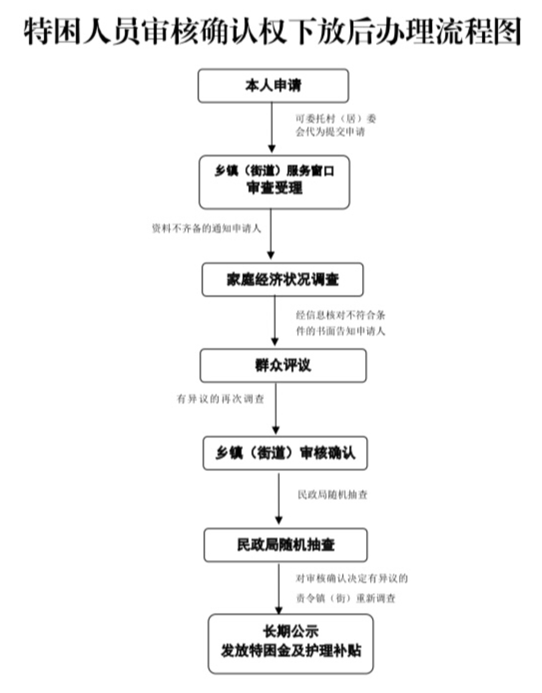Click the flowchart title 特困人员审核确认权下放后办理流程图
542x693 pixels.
272,32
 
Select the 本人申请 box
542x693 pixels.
273,86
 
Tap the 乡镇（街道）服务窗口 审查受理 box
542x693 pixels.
274,182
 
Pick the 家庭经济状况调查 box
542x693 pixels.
282,280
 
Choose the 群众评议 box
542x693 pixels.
283,366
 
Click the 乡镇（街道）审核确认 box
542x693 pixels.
285,453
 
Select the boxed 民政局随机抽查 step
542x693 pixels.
285,545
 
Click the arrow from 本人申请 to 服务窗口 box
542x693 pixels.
272,128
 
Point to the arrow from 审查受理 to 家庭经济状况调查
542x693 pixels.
271,234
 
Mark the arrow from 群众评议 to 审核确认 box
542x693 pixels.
276,408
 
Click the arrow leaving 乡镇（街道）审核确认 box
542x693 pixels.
279,499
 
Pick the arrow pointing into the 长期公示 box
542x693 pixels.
279,589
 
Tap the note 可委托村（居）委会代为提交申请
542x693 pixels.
336,125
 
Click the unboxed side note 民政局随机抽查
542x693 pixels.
332,495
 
